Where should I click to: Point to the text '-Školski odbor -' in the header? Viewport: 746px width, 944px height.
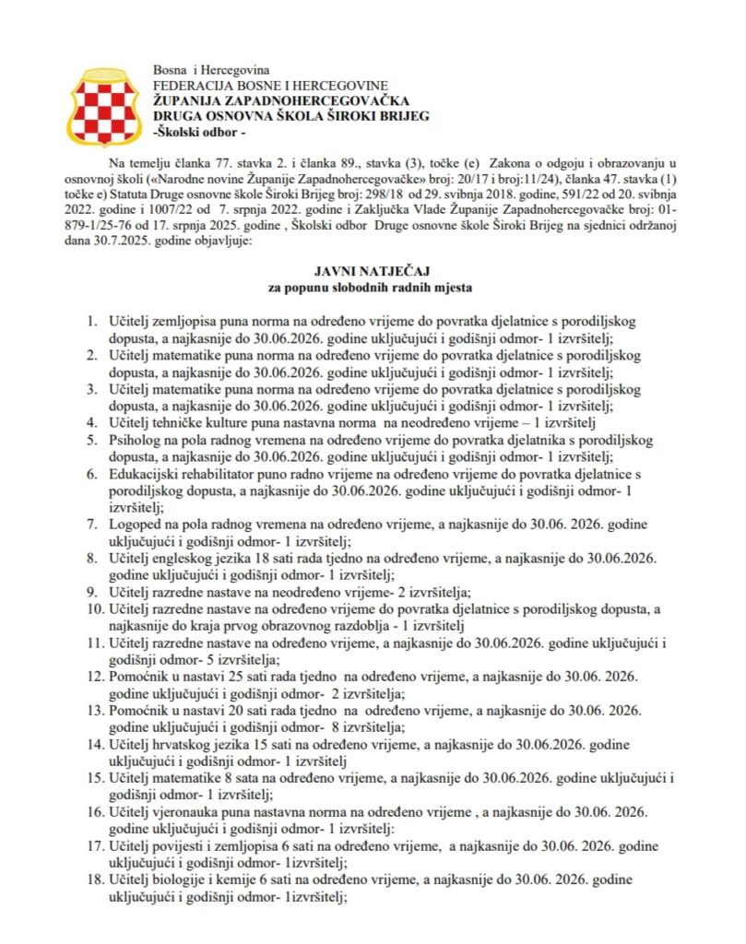[198, 131]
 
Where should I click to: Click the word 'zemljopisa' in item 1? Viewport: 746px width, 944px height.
[187, 323]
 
